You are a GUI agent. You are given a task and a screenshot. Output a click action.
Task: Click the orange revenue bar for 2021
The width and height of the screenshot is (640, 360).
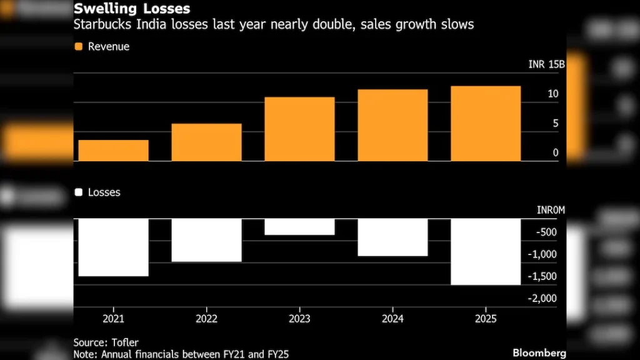[x=113, y=151]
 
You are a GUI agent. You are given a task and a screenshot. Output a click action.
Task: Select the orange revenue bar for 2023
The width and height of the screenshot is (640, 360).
[x=299, y=129]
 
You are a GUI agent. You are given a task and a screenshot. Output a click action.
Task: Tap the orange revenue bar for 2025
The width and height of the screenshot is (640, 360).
[x=486, y=124]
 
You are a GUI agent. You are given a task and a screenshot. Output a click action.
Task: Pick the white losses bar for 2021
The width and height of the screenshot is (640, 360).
[x=113, y=247]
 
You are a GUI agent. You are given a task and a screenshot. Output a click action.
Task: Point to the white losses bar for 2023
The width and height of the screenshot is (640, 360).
[x=299, y=227]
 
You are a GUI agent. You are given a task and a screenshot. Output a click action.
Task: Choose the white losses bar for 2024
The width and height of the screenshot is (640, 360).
[x=392, y=237]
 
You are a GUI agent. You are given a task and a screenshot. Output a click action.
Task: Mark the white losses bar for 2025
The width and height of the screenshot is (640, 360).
[x=486, y=251]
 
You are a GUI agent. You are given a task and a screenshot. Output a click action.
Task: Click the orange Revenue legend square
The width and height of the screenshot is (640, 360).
[x=78, y=47]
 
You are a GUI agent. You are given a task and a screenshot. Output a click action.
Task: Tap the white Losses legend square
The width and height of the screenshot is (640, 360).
[x=78, y=192]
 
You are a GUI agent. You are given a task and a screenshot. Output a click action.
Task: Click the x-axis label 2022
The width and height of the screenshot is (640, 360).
[x=206, y=319]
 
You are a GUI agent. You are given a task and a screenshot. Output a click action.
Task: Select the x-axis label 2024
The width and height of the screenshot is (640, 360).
[x=392, y=319]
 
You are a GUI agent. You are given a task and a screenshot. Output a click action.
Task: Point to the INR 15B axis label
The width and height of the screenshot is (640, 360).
[x=546, y=64]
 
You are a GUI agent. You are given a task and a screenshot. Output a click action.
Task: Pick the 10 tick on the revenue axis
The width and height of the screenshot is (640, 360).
[x=552, y=94]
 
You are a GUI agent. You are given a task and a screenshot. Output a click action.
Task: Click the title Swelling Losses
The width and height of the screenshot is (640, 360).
[x=132, y=10]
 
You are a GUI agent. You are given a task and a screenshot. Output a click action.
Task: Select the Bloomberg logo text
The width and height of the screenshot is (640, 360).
[x=539, y=353]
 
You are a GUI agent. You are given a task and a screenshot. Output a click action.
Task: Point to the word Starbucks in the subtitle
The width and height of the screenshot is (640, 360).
[x=100, y=26]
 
